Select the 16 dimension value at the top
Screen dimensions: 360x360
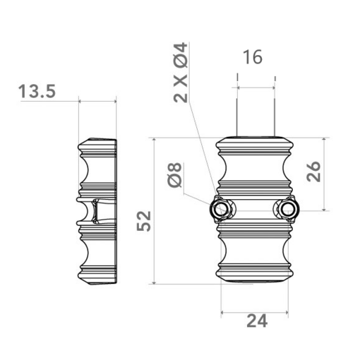[x=252, y=57]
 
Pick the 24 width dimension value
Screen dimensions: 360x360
[x=257, y=322]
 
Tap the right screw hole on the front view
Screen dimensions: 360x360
[x=287, y=210]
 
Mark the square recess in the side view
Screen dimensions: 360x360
[x=93, y=211]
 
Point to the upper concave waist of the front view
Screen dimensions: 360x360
[x=254, y=169]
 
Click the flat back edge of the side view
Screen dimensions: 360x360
[x=116, y=212]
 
